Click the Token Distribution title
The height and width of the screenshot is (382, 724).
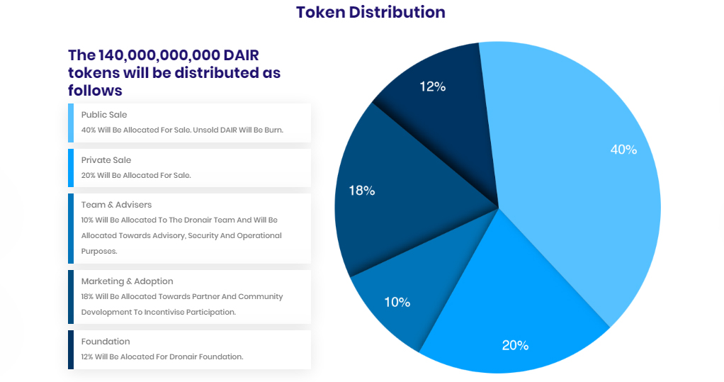pos(371,12)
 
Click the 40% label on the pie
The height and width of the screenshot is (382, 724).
pos(623,150)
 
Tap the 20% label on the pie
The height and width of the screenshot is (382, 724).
pos(515,345)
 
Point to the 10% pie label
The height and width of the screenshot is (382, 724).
pos(397,302)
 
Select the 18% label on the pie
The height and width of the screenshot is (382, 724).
pos(361,190)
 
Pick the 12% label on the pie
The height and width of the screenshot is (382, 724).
pos(432,86)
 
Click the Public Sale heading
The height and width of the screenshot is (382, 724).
pos(104,115)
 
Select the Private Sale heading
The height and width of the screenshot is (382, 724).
pos(106,160)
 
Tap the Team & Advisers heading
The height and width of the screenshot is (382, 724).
pos(116,205)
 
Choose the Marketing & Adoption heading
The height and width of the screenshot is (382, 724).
pos(127,281)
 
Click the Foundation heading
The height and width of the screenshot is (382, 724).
pos(106,342)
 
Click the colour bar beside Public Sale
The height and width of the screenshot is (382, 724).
pos(71,123)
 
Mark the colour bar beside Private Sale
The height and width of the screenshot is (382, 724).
pos(71,167)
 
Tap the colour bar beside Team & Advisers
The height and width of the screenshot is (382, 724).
pos(71,228)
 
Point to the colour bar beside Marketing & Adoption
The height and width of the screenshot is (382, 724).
pos(71,296)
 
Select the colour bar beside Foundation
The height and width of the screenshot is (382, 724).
pos(71,349)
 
